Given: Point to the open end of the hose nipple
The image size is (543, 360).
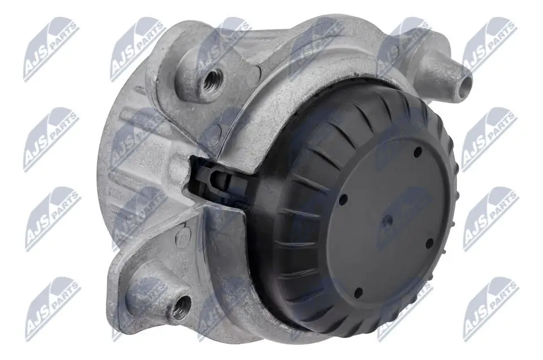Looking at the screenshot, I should click(x=465, y=85).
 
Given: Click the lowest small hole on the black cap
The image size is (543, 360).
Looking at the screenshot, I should click(x=357, y=293).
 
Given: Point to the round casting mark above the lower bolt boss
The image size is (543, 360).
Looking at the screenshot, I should click(x=182, y=237).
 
